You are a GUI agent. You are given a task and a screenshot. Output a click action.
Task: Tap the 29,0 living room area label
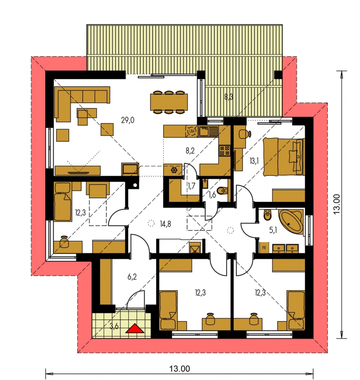[x=128, y=120]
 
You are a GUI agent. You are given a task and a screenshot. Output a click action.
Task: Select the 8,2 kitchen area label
[x=190, y=151]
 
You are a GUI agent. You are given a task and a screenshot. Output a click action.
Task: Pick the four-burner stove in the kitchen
[x=224, y=150]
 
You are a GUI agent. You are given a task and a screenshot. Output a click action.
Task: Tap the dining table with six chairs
[x=169, y=102]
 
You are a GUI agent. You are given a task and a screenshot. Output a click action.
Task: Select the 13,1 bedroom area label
[x=254, y=161]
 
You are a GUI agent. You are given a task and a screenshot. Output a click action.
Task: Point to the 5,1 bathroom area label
[x=273, y=230]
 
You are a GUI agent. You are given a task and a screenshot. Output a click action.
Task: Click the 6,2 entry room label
[x=132, y=277]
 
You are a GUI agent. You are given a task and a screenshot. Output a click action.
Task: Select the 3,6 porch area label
[x=114, y=326]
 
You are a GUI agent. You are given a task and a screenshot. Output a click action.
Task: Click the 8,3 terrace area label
[x=229, y=97]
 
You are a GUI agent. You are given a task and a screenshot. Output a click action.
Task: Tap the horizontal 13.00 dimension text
[x=180, y=369]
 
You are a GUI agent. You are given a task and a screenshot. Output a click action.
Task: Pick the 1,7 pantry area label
[x=191, y=186]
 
